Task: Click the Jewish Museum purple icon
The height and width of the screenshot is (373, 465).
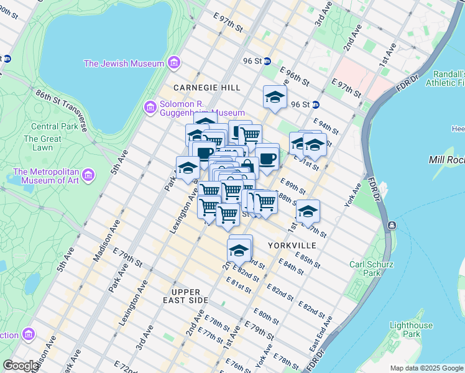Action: [173, 63]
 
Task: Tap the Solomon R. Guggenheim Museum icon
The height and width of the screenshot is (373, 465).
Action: [149, 108]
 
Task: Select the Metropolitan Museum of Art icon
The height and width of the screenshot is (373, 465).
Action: [88, 176]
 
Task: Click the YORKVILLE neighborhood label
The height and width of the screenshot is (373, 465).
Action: [292, 246]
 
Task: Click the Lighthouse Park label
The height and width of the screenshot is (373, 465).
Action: [410, 330]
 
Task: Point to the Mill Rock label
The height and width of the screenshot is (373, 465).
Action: [446, 160]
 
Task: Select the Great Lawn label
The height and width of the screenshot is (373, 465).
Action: [42, 143]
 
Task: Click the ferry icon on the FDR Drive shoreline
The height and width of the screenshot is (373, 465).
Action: [392, 225]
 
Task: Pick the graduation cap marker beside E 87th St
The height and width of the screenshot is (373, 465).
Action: [307, 212]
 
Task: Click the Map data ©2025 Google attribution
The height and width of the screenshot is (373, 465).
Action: [426, 368]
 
